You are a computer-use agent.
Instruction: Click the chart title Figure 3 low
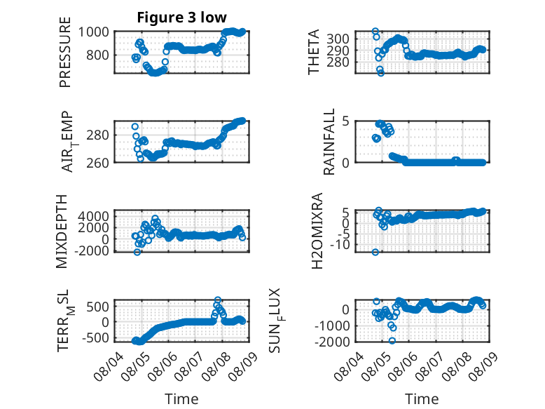[181, 18]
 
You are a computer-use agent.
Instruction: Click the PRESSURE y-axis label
[65, 52]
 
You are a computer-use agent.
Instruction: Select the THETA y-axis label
[314, 52]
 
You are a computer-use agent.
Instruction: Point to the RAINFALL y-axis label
[329, 142]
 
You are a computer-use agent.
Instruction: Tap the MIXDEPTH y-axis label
[62, 232]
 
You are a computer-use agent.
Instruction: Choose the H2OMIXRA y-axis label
[317, 231]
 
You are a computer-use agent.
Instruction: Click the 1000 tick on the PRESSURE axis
[93, 32]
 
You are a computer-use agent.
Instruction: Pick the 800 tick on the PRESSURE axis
[97, 55]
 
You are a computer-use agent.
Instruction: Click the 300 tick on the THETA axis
[338, 39]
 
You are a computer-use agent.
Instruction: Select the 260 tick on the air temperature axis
[97, 163]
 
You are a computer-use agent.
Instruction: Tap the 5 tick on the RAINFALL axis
[345, 121]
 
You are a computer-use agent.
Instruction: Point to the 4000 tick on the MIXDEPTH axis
[93, 216]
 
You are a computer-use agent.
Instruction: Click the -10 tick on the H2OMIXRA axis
[340, 245]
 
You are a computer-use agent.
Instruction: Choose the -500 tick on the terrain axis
[95, 337]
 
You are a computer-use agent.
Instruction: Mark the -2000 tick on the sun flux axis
[332, 342]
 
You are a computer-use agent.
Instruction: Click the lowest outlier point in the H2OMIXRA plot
[375, 252]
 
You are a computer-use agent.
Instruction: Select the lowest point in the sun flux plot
[392, 341]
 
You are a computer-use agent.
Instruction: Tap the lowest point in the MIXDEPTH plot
[137, 252]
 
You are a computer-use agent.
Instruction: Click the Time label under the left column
[181, 399]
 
